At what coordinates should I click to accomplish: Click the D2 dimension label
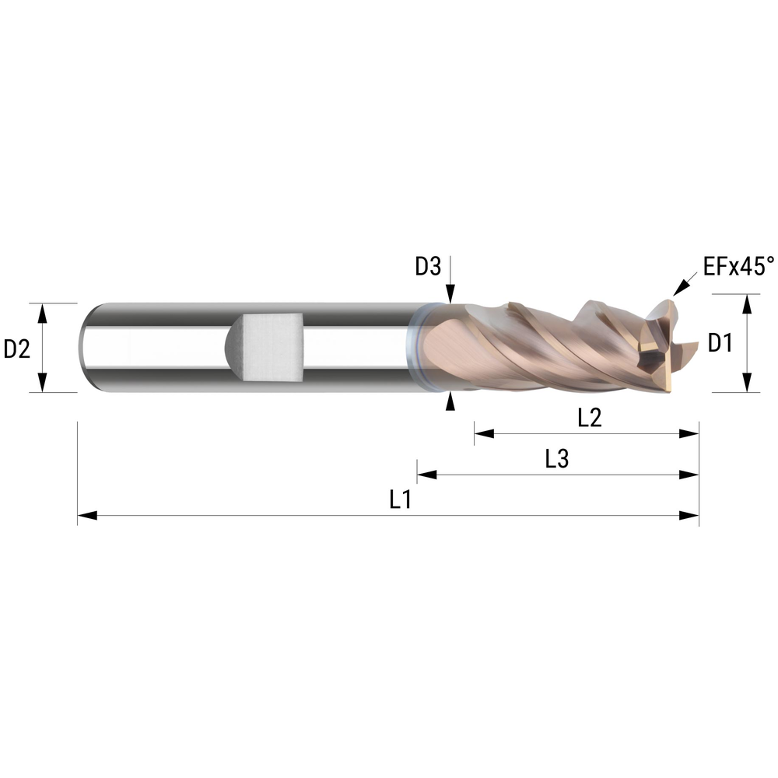click(x=16, y=349)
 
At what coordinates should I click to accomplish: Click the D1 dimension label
click(x=720, y=342)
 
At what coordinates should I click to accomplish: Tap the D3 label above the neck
click(x=428, y=267)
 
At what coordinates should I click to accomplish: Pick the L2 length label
click(x=590, y=418)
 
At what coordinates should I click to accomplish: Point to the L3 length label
click(x=556, y=460)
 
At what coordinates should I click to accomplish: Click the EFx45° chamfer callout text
click(x=738, y=268)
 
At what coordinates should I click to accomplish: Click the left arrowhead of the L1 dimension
click(x=86, y=515)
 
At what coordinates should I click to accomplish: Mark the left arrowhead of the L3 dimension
click(x=426, y=474)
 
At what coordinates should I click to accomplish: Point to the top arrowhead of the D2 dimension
click(x=44, y=311)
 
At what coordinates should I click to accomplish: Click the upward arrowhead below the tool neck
click(x=450, y=400)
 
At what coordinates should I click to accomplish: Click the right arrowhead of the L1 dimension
click(x=690, y=515)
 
